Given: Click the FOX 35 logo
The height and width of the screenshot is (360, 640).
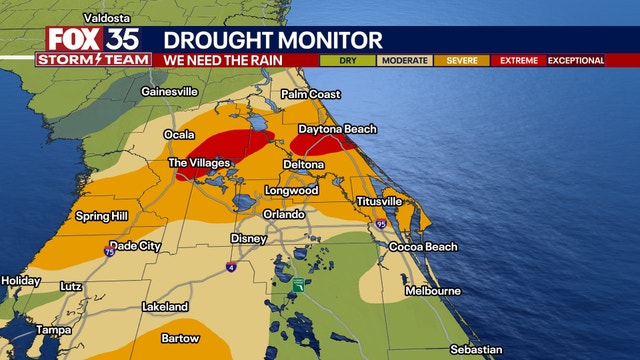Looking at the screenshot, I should pos(93,39).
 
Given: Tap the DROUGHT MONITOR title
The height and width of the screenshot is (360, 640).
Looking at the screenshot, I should pos(272,40).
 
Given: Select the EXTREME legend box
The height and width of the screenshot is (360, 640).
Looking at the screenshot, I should pos(518,60).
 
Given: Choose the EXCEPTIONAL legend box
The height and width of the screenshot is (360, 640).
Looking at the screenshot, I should pos(576,60).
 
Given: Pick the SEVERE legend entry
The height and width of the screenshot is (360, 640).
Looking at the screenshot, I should pos(461,60).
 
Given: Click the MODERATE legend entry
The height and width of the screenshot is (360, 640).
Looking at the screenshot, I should pos(403,60).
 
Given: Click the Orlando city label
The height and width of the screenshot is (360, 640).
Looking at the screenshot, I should pos(283,214).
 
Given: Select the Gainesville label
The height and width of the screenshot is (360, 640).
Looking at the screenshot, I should pos(169,92).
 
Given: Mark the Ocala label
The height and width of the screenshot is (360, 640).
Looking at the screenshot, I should pos(180,134).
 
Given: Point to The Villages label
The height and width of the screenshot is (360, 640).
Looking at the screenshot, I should pos(199,162).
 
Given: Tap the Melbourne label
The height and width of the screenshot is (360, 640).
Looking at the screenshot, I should pos(433,290).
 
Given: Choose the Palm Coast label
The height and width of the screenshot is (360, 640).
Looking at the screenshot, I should pos(311,94).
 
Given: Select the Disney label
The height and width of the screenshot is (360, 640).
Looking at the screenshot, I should pos(248,238).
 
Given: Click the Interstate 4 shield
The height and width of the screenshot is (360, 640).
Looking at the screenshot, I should pos(230,267).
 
